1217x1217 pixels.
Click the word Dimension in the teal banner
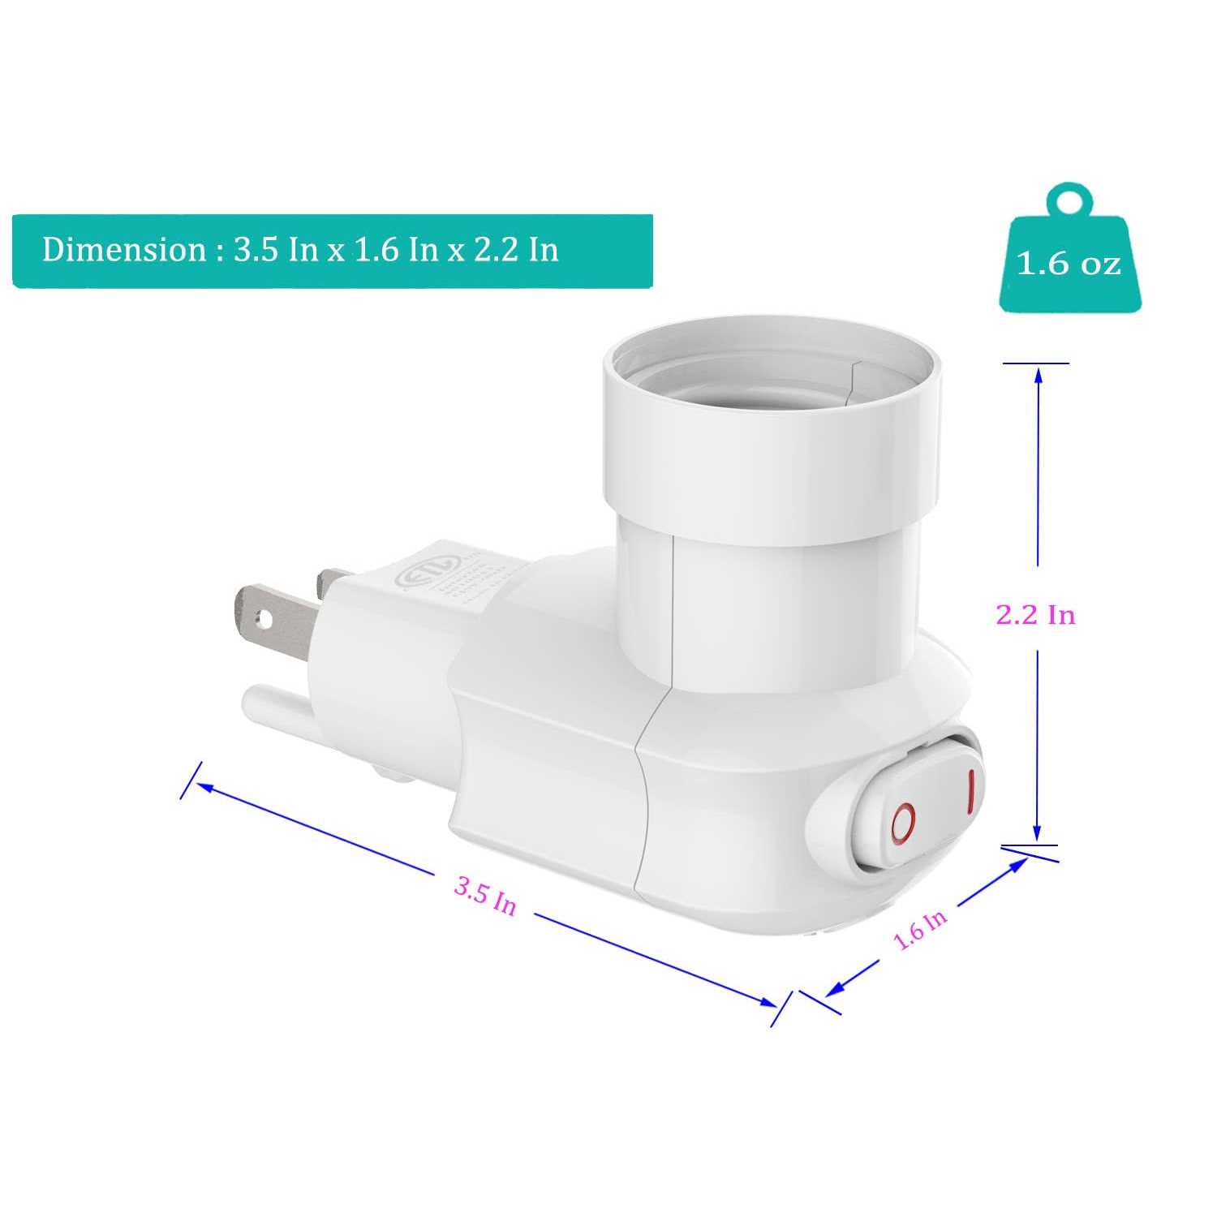124,249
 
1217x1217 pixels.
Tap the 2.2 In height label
1035,615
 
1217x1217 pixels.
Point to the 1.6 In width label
920,929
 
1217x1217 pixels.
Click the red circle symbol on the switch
903,824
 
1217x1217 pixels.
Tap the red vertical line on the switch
969,791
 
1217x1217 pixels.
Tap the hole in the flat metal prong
261,619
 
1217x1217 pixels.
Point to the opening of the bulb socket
771,369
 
